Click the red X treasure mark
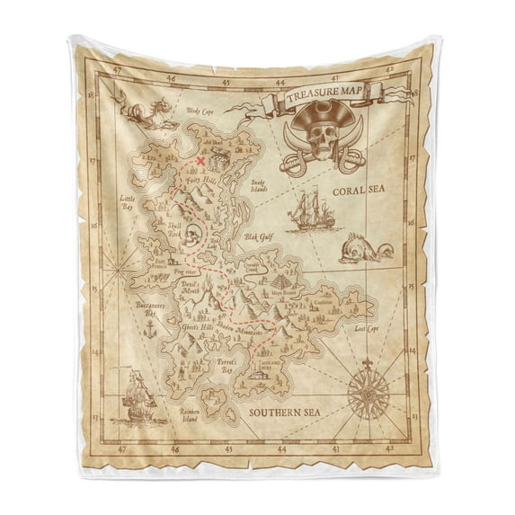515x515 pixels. (x=200, y=161)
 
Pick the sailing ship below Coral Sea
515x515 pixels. (x=311, y=212)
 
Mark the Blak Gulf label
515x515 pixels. (x=257, y=238)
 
